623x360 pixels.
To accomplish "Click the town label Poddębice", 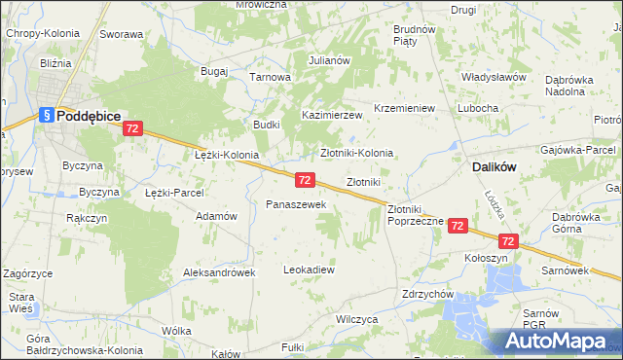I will coord(89,115).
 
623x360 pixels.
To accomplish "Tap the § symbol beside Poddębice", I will coord(46,115).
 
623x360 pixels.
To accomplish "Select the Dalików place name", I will coord(494,167).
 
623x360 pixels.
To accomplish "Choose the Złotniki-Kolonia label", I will coord(357,153).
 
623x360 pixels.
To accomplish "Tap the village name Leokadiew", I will coord(309,269).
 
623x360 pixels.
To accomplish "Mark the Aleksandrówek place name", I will coord(219,272).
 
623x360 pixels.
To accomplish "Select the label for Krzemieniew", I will coord(404,108).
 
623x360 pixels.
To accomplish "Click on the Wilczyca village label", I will coord(356,318).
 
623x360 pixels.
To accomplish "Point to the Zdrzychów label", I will coord(429,294).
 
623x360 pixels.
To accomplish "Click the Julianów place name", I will coord(329,60).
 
